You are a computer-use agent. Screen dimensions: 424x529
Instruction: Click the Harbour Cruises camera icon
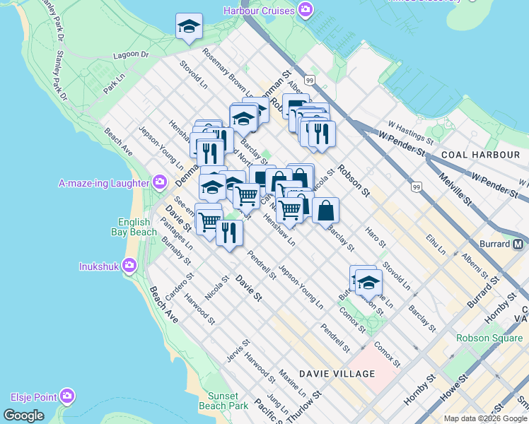[x=306, y=11]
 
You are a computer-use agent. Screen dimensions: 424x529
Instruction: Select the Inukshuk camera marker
[x=129, y=266]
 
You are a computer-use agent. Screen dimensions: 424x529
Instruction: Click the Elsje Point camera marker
[x=68, y=396]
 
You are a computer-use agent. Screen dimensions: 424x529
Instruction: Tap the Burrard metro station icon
[x=518, y=245]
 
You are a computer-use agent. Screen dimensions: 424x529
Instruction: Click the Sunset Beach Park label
[x=228, y=401]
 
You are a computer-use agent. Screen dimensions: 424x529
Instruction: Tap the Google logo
[x=23, y=416]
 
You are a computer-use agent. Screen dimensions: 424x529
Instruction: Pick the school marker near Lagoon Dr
[x=189, y=26]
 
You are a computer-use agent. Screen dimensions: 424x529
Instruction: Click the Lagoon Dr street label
[x=134, y=54]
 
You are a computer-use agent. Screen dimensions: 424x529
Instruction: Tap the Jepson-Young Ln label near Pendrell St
[x=301, y=287]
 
